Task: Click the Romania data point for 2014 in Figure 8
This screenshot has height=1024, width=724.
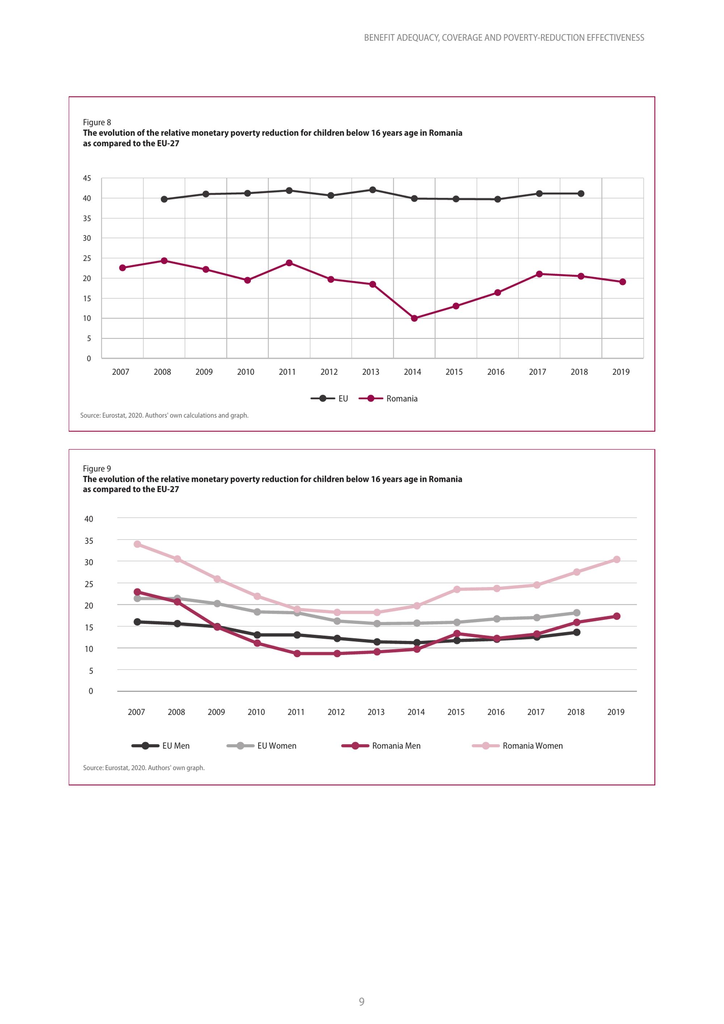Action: point(414,318)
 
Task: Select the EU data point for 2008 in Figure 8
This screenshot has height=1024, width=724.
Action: point(164,200)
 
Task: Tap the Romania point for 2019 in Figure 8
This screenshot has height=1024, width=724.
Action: point(622,282)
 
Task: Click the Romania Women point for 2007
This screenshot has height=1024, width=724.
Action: point(137,544)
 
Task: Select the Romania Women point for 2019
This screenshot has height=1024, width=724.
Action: point(616,559)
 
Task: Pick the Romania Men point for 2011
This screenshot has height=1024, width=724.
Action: point(297,653)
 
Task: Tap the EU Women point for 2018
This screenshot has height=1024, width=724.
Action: point(576,613)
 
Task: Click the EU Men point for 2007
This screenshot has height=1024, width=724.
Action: point(137,622)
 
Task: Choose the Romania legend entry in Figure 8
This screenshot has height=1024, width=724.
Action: point(388,399)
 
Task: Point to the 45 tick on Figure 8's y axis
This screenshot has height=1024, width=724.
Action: point(87,179)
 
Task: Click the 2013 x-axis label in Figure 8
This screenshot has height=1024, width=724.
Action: point(370,372)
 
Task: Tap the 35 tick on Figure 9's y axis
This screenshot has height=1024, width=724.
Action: point(89,541)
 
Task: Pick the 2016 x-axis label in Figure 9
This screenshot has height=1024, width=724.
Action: point(496,712)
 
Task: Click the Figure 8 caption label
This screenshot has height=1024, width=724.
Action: point(97,122)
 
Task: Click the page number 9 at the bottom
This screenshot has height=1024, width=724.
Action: point(362,1002)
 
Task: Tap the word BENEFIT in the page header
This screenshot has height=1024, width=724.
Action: point(379,38)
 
